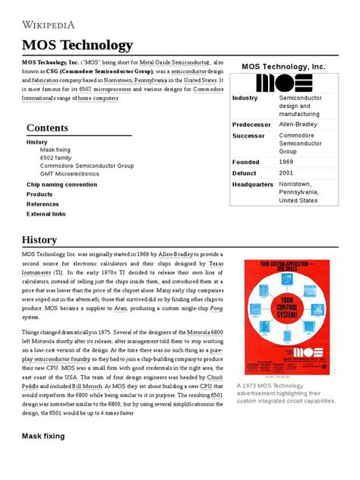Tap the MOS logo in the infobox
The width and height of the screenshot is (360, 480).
pos(283,82)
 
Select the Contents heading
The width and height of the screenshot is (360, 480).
pos(47,128)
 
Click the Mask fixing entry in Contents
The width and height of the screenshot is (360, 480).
pos(55,150)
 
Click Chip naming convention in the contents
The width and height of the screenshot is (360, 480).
pos(62,185)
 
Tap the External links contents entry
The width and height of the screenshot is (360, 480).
pos(46,214)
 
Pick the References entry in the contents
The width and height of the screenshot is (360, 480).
pos(43,204)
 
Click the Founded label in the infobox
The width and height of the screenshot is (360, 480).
pos(245,162)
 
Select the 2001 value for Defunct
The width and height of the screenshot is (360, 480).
pos(287,172)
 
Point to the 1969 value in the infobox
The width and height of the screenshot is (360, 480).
pos(287,162)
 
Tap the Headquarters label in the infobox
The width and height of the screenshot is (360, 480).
pos(252,184)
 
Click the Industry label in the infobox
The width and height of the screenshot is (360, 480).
pos(245,98)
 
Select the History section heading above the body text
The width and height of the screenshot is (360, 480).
pos(39,240)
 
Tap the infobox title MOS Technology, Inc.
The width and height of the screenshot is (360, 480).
pos(283,67)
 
